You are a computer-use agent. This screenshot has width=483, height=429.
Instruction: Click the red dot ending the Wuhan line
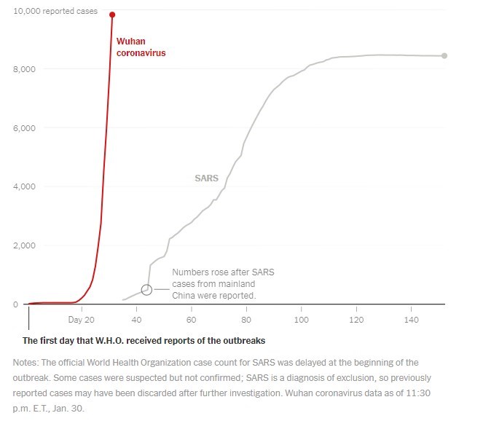(x=112, y=15)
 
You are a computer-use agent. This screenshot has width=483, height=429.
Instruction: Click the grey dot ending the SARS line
(x=444, y=55)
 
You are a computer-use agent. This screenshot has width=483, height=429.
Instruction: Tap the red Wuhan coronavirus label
(x=141, y=47)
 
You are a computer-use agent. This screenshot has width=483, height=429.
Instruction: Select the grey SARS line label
(x=207, y=178)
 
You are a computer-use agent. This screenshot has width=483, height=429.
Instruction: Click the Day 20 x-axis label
(x=81, y=320)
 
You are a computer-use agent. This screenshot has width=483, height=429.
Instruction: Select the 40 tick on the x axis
(x=136, y=320)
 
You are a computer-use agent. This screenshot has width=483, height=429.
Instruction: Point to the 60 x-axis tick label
(x=191, y=320)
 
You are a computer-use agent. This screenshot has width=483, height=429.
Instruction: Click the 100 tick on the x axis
(x=301, y=320)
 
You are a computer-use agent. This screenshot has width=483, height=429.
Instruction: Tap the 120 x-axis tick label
(x=356, y=320)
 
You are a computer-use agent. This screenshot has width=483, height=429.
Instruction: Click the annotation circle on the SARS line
(x=146, y=289)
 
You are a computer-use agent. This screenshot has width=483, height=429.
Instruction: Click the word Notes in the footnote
(x=26, y=362)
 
